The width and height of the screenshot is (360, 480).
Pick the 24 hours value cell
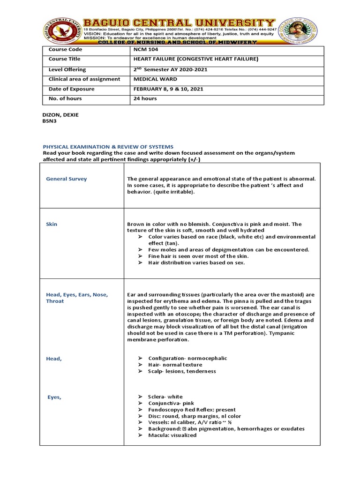tap(146, 99)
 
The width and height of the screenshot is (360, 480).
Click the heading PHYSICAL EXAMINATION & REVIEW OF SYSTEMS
tap(108, 147)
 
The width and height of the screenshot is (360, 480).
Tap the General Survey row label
tap(66, 179)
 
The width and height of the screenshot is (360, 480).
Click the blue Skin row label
tap(52, 224)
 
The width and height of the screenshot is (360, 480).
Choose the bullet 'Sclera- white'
tap(165, 397)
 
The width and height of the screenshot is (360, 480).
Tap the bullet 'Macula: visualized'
tap(172, 435)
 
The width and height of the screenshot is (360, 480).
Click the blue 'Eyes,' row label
tap(54, 397)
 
